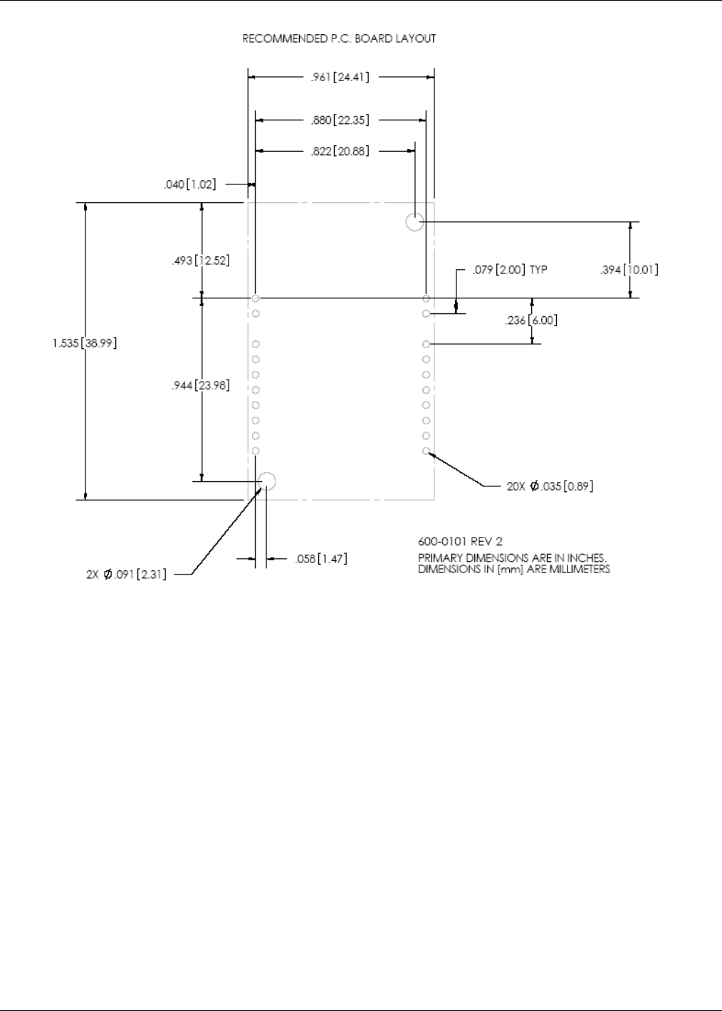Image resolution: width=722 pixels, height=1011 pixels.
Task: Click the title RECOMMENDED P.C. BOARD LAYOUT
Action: pos(339,38)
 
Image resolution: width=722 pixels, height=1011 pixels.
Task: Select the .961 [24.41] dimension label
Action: pos(340,77)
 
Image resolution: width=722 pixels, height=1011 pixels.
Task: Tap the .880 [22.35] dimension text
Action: pos(340,120)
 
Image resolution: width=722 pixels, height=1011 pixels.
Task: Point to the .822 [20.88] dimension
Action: pos(340,151)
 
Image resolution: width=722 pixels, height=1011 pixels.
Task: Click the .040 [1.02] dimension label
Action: pos(189,184)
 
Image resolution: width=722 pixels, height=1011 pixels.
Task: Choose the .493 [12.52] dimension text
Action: pos(201,261)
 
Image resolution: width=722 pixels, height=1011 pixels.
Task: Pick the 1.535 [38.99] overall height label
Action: pos(85,343)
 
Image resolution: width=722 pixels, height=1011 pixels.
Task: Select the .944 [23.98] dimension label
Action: pos(201,386)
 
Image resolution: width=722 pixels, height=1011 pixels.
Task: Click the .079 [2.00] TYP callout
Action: pos(510,270)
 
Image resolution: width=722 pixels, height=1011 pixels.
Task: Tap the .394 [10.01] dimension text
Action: pos(629,270)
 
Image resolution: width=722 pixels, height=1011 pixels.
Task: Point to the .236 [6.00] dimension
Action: pos(531,320)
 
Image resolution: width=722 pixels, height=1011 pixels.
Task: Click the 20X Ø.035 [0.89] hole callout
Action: pos(550,486)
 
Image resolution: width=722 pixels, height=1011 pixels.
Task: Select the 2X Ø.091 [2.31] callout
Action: pos(127,575)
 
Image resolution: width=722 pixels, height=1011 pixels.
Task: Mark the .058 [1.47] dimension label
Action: pos(321,559)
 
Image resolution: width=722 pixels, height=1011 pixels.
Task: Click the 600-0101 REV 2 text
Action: pos(460,542)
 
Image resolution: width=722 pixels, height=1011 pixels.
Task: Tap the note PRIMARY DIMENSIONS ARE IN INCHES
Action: pos(512,558)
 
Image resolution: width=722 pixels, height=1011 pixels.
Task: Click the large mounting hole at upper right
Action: pos(414,222)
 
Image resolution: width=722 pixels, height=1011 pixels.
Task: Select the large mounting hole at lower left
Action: pos(266,481)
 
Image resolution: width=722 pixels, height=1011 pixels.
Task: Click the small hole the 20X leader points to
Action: pos(426,451)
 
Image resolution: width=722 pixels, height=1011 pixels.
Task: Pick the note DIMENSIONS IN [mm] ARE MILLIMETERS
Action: pos(514,570)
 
